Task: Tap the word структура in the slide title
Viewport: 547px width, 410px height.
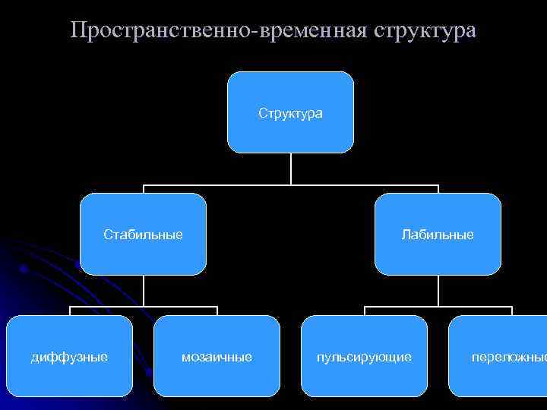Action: pyautogui.click(x=425, y=31)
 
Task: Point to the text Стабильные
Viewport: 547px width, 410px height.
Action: pyautogui.click(x=143, y=235)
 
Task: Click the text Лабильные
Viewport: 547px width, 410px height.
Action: pyautogui.click(x=438, y=235)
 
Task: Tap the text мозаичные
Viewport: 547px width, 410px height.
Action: pyautogui.click(x=217, y=356)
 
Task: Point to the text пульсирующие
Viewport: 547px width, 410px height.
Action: pyautogui.click(x=364, y=356)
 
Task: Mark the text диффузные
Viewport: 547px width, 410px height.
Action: pyautogui.click(x=69, y=356)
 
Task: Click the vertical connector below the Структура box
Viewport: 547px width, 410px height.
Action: pyautogui.click(x=290, y=169)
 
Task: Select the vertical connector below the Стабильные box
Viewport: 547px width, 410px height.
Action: pyautogui.click(x=144, y=290)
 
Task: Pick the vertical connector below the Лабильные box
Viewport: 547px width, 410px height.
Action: pyautogui.click(x=438, y=290)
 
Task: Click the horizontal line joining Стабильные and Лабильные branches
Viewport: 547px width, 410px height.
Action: pyautogui.click(x=228, y=185)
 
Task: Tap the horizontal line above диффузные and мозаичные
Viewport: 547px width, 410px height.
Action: pyautogui.click(x=106, y=307)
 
